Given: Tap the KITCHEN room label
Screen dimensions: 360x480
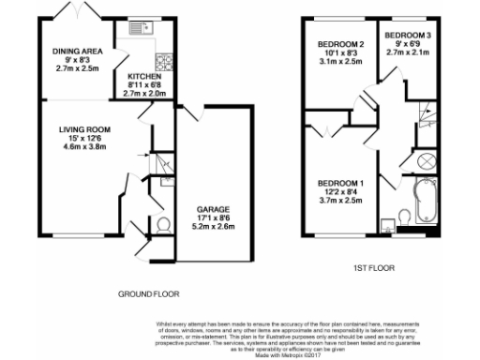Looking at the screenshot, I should coord(143,77).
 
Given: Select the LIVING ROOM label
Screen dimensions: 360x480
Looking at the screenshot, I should coord(86,129).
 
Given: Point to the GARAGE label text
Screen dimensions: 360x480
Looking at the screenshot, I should coord(214,208).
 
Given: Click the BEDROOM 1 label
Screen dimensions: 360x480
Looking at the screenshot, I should coord(339,182).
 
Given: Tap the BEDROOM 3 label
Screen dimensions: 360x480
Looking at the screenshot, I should coord(411,36).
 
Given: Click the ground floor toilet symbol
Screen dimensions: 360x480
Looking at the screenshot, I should coord(162,225).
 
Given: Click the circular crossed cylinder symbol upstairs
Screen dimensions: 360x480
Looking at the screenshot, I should coord(423,157).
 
